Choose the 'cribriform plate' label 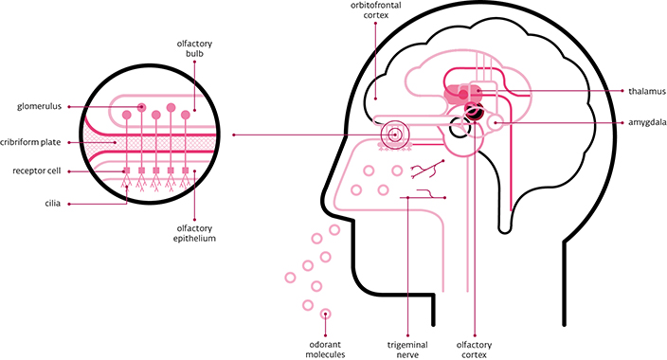[x=31, y=141]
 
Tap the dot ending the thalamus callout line [x=477, y=92]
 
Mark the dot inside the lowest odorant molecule [x=326, y=314]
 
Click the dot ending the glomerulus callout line [x=142, y=107]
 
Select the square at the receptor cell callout [x=126, y=171]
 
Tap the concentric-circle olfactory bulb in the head [x=392, y=135]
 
